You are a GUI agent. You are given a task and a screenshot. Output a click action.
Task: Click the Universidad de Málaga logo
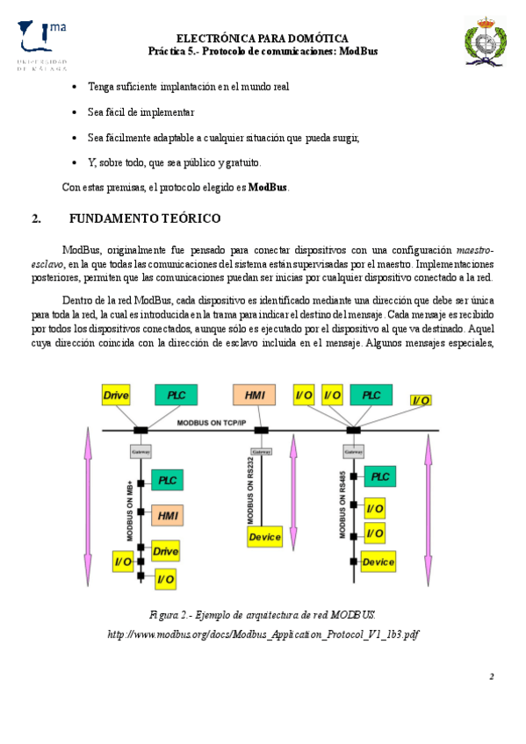pos(42,46)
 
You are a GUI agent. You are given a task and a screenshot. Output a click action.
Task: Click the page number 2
pos(492,676)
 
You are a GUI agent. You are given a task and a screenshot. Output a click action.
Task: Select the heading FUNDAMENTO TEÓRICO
pos(145,218)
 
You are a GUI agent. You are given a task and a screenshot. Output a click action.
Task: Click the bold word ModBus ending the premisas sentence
pos(268,187)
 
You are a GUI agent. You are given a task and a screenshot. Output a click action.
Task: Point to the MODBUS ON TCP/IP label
pos(212,423)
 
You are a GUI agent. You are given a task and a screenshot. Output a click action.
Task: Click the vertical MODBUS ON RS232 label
pos(250,491)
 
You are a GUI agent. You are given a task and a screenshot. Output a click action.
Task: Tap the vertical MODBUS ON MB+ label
pos(130,511)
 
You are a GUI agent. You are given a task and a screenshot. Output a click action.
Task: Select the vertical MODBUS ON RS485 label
pos(342,504)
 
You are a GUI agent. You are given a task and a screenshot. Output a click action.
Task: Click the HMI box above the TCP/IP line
pos(254,395)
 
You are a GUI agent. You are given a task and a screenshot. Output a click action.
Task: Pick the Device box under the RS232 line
pos(264,537)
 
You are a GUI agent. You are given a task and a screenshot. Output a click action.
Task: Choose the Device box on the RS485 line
pos(378,562)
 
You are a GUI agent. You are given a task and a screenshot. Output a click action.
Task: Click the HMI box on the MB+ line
pos(167,516)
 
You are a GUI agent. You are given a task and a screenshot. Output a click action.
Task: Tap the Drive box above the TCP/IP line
pos(116,395)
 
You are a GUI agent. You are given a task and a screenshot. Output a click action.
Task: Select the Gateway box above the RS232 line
pos(262,452)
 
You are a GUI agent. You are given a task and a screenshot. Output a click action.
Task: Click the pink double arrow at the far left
pos(88,507)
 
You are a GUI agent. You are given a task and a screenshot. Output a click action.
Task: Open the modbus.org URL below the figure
pos(263,634)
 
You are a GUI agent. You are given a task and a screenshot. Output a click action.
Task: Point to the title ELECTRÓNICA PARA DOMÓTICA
pos(263,39)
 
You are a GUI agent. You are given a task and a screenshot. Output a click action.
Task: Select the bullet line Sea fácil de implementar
pos(141,112)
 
